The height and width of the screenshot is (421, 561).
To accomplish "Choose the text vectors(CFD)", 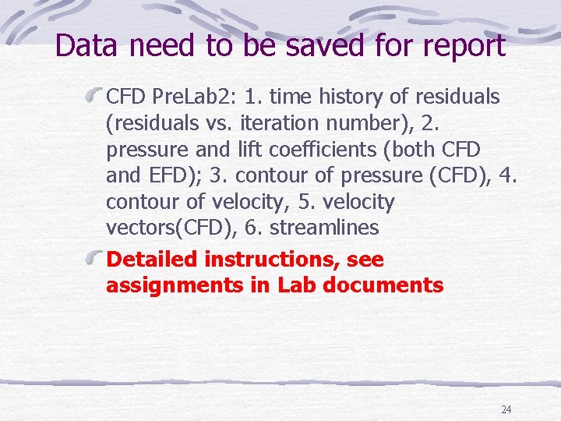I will (163, 228).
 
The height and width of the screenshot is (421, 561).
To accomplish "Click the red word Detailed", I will (152, 260).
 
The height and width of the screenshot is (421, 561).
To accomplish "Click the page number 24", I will (506, 409).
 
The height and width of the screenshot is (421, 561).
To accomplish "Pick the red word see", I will (365, 260).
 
